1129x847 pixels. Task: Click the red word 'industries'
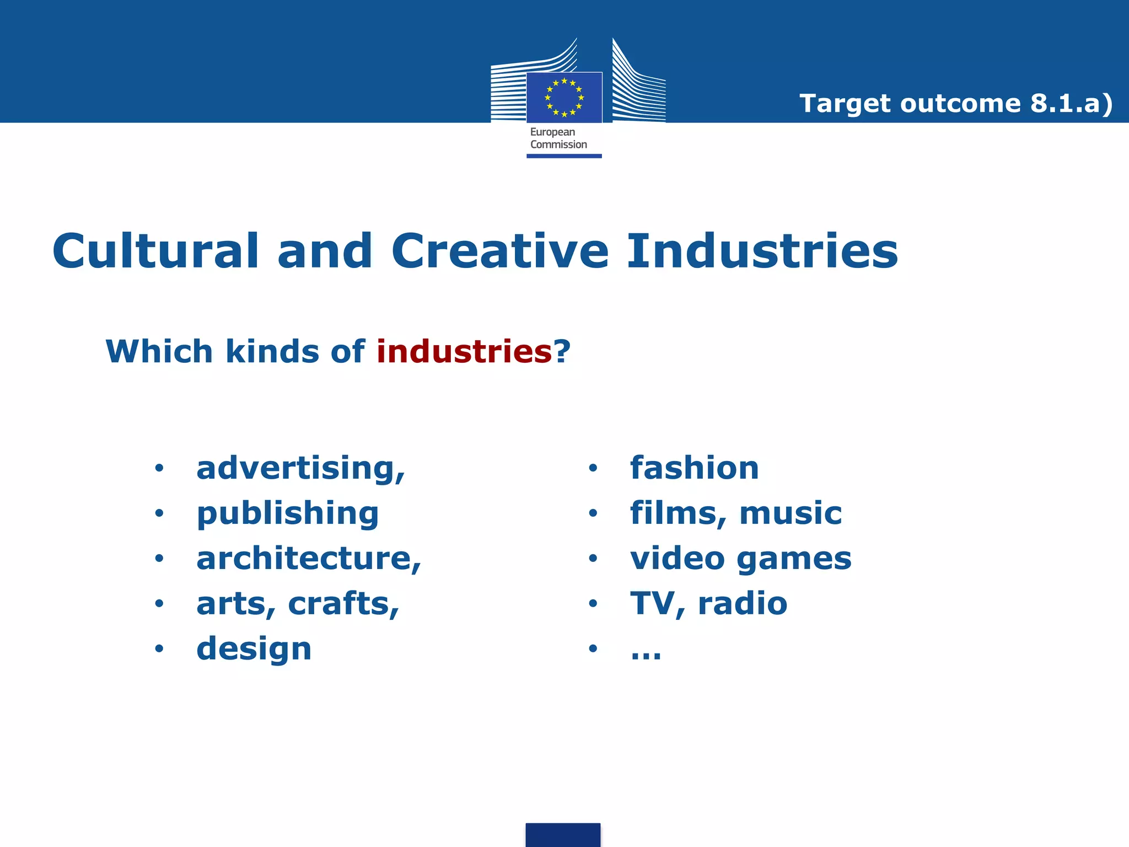point(464,351)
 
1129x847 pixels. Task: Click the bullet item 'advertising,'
point(301,469)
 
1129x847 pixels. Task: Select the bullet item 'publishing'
point(288,514)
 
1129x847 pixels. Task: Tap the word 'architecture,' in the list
point(309,559)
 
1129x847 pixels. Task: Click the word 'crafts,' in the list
point(343,604)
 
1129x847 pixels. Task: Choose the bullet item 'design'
point(254,649)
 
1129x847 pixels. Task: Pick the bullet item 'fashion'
point(695,468)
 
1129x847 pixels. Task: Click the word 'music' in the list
point(791,513)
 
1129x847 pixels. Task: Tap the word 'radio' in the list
point(743,603)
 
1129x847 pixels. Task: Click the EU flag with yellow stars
point(564,98)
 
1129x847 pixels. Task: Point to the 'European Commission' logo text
point(558,138)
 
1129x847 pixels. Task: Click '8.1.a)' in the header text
point(1071,104)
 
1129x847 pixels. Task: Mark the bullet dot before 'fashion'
point(593,469)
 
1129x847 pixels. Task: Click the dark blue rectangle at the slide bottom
point(563,835)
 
